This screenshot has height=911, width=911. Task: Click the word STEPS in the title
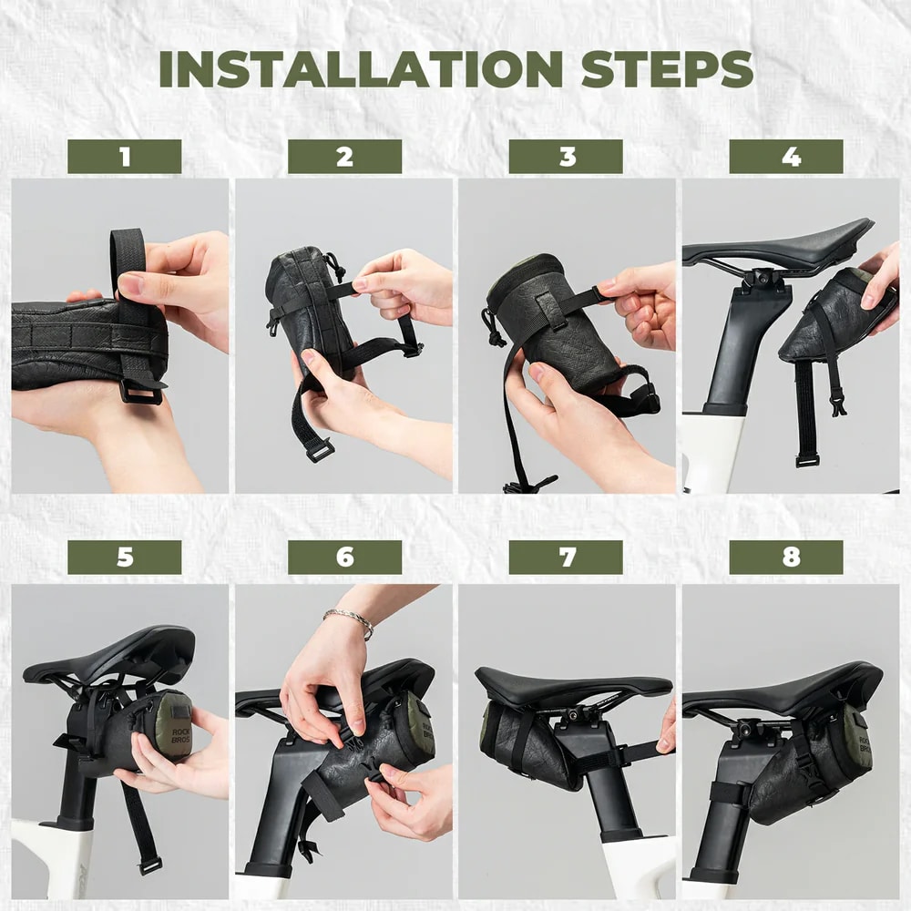pyautogui.click(x=667, y=69)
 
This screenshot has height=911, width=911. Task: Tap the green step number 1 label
pyautogui.click(x=124, y=157)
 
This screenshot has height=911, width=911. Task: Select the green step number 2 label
pyautogui.click(x=344, y=157)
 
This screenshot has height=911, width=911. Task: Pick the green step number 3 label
pyautogui.click(x=566, y=157)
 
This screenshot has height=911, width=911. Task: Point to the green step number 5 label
pyautogui.click(x=124, y=558)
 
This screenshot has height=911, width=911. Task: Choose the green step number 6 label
pyautogui.click(x=344, y=558)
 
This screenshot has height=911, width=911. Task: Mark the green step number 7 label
pyautogui.click(x=566, y=558)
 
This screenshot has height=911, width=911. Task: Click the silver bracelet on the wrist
pyautogui.click(x=350, y=620)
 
